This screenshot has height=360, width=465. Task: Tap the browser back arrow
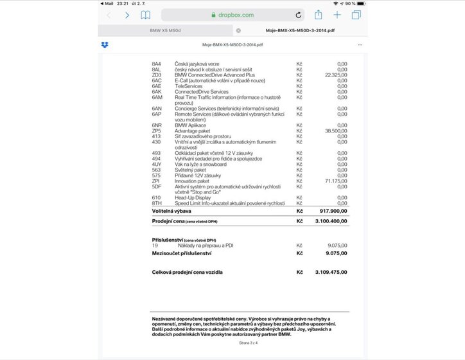click(x=109, y=15)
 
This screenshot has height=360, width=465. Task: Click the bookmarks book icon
click(x=146, y=15)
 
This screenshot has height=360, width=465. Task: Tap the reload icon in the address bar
click(x=299, y=15)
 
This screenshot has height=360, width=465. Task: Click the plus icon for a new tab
click(x=337, y=15)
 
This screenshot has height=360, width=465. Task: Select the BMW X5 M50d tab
click(x=165, y=30)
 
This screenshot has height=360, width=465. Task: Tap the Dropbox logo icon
click(x=105, y=44)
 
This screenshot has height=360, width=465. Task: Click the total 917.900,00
click(x=333, y=210)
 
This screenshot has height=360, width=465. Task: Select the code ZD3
click(x=156, y=75)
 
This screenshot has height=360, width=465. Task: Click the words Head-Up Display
click(x=192, y=198)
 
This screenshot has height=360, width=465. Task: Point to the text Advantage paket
click(x=193, y=130)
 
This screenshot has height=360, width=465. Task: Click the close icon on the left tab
click(x=238, y=30)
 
